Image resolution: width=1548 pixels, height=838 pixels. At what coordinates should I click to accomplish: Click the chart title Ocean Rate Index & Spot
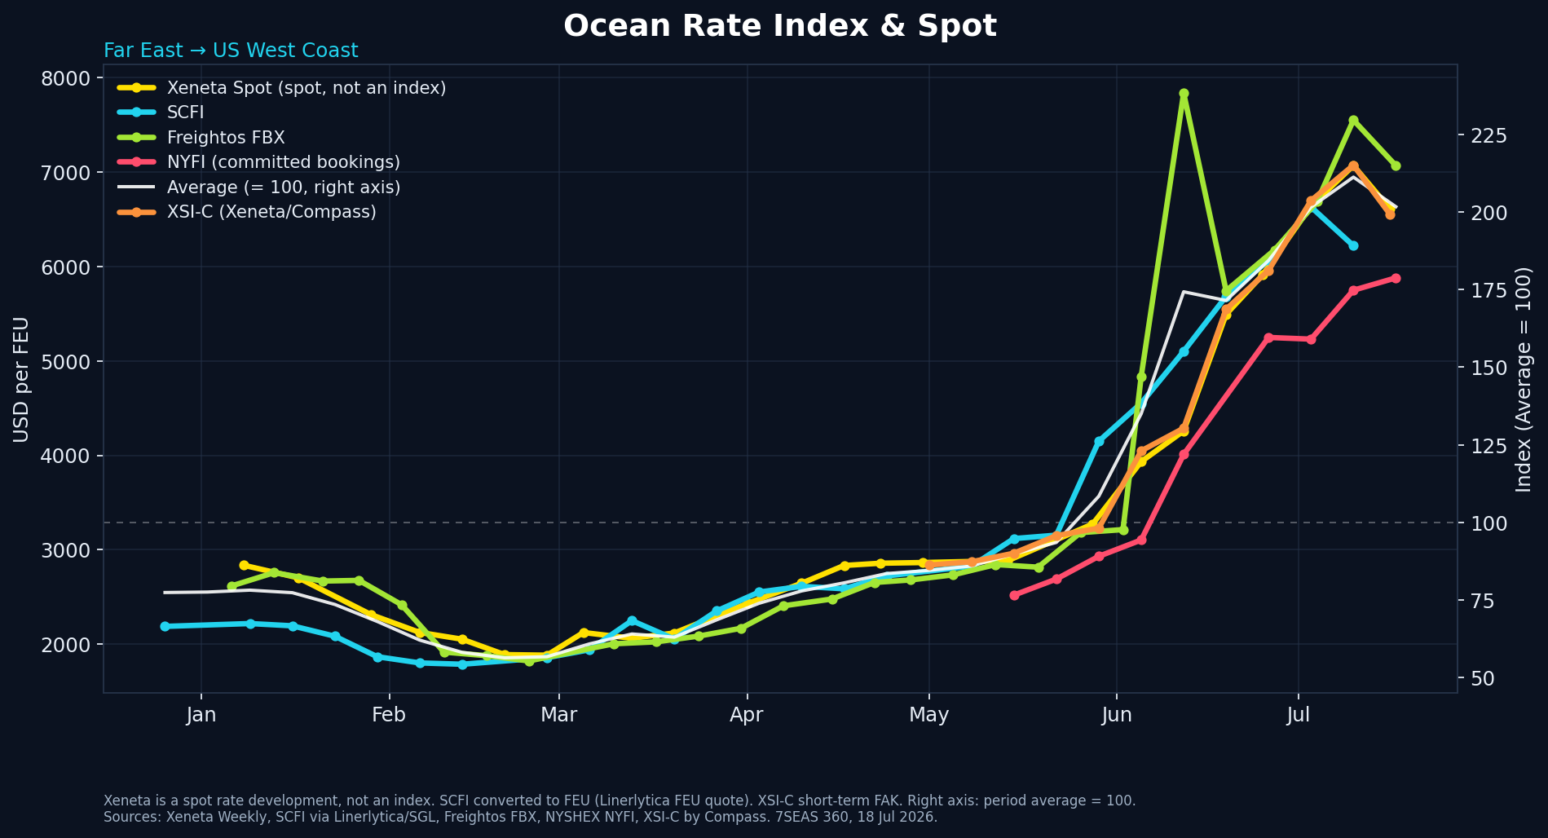779,26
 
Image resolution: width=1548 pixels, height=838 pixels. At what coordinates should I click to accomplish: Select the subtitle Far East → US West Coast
231,51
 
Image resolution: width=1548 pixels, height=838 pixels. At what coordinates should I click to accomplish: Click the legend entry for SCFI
185,112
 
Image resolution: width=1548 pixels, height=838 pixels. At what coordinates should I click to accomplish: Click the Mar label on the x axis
558,716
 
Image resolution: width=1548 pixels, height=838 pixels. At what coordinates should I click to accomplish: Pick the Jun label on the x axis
1116,716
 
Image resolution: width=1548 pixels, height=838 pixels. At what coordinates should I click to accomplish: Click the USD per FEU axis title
22,380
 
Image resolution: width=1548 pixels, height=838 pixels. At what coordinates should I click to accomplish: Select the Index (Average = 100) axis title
1524,380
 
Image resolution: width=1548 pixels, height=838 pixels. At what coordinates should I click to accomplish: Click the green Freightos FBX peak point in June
1184,94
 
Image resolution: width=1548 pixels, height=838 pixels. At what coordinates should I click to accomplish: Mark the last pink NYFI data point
1396,278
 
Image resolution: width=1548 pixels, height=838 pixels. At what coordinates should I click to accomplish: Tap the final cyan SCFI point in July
1353,245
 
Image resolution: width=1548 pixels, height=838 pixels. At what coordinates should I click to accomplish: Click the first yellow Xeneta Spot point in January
244,565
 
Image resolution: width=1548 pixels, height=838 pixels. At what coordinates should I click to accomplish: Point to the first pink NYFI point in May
1014,595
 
